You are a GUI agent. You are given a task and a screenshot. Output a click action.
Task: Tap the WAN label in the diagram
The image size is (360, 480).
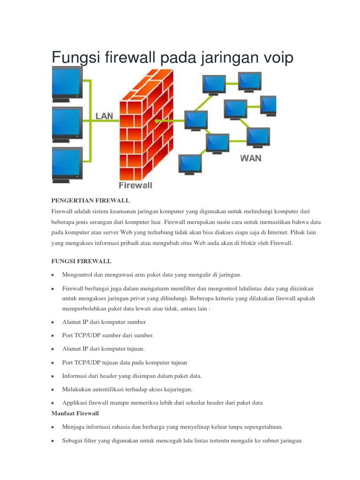(x=251, y=158)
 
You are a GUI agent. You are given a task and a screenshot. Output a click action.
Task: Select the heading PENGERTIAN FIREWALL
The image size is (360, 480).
(x=90, y=200)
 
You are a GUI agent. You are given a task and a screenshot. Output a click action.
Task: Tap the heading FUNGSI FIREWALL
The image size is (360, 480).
(x=81, y=260)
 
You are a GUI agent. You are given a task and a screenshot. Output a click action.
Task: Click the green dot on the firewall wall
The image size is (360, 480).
(x=157, y=121)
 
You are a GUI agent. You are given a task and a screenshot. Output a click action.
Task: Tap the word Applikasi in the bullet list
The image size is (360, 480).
(x=75, y=403)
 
